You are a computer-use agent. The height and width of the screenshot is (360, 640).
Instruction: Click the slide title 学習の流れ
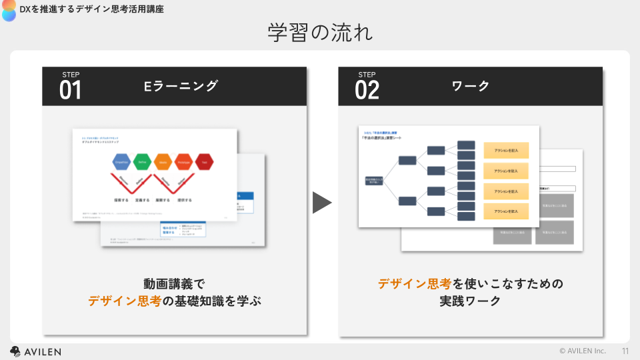click(x=320, y=32)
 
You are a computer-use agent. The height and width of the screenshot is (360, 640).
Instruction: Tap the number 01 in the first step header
click(x=70, y=90)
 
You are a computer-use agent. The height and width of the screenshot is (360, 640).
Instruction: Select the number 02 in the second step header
click(x=367, y=90)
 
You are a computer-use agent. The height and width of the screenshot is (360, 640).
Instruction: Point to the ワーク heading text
click(x=471, y=86)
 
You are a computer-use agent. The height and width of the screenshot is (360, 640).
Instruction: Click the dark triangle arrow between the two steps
click(x=321, y=203)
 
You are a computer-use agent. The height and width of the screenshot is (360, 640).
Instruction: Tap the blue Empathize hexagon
click(x=121, y=162)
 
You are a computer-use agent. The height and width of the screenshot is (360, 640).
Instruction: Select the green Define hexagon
click(x=142, y=162)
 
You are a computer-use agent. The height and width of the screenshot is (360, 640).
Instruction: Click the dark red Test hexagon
click(x=204, y=162)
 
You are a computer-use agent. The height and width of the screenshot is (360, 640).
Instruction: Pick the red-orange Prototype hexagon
click(x=183, y=162)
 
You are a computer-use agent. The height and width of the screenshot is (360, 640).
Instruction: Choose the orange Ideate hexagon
click(x=163, y=162)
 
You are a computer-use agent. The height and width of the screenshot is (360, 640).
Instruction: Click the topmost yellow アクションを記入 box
click(x=506, y=150)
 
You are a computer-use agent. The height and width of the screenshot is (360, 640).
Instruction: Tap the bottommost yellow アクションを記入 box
click(x=506, y=211)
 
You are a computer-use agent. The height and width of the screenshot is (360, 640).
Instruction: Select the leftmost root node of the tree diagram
click(x=373, y=181)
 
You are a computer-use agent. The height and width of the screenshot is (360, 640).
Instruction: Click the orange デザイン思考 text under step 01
click(x=125, y=301)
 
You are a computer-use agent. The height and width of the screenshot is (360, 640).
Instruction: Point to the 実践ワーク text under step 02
click(x=470, y=301)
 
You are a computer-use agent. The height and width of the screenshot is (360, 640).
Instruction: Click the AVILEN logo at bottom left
click(x=35, y=351)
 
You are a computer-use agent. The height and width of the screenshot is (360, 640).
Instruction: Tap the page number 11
click(x=625, y=351)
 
